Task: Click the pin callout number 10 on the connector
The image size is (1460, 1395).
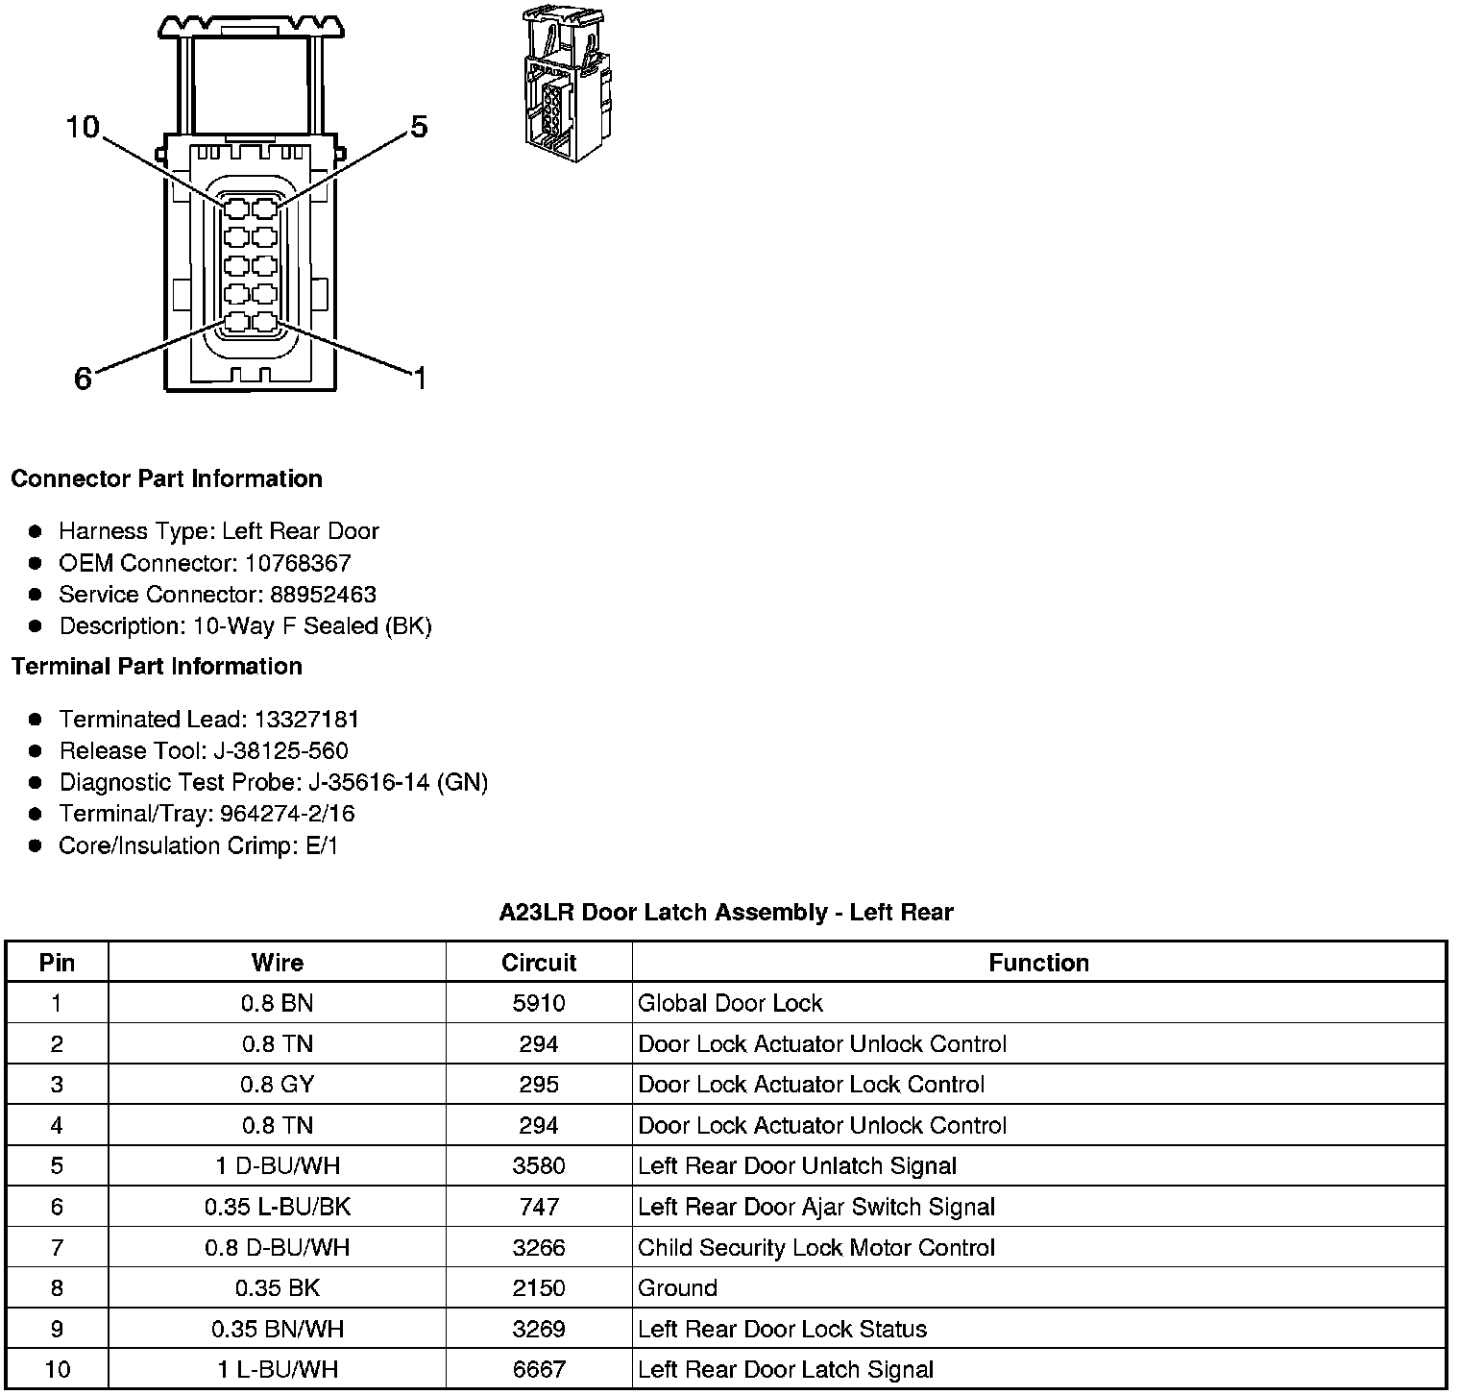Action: [x=83, y=127]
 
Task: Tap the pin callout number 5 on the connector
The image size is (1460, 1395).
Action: [x=419, y=127]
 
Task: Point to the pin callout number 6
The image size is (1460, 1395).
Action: [x=84, y=379]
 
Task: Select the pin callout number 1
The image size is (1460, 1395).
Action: [x=419, y=379]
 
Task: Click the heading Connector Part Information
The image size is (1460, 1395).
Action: [x=166, y=478]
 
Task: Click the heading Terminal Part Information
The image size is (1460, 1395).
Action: [x=157, y=666]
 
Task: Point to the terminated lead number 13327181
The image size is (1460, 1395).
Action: [x=306, y=719]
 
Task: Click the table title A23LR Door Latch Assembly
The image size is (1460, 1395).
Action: [x=725, y=912]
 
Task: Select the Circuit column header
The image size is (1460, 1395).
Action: [x=539, y=963]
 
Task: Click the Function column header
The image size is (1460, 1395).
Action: [x=1038, y=963]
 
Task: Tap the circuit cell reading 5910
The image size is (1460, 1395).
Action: [x=539, y=1003]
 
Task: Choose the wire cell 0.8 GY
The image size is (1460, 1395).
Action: [x=277, y=1085]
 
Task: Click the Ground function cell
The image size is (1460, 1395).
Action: [x=677, y=1288]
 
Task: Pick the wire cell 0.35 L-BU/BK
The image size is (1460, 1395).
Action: [x=277, y=1207]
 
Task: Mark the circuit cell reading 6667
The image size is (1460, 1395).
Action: [x=539, y=1369]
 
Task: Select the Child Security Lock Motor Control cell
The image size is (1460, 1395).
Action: [x=816, y=1247]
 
